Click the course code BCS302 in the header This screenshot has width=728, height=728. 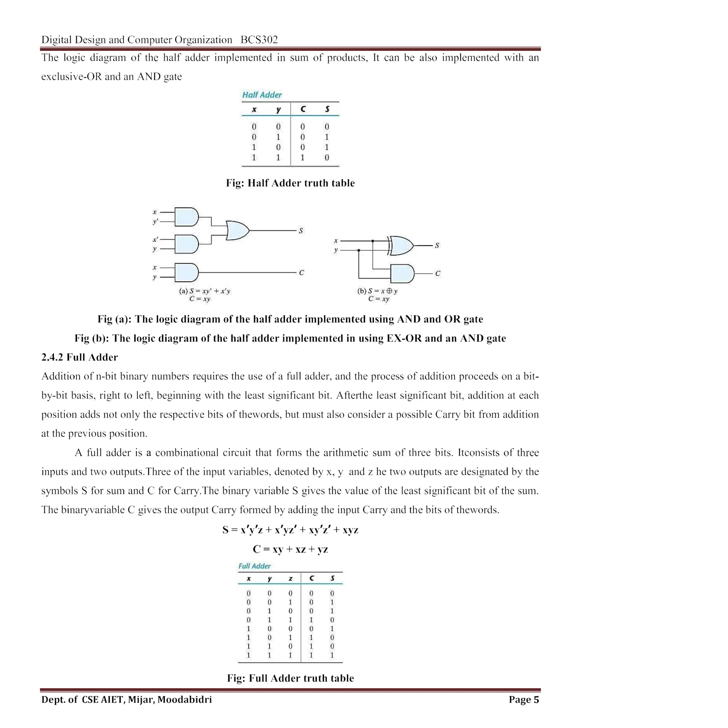pyautogui.click(x=259, y=39)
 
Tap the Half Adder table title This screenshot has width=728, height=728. pyautogui.click(x=262, y=95)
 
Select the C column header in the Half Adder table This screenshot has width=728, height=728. pyautogui.click(x=303, y=109)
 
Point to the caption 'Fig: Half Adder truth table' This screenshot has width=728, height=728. pyautogui.click(x=290, y=183)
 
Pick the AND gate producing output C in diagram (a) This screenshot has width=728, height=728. pyautogui.click(x=187, y=272)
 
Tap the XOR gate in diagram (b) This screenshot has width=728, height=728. pyautogui.click(x=401, y=246)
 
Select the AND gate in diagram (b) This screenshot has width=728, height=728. pyautogui.click(x=402, y=274)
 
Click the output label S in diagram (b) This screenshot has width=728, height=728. pyautogui.click(x=437, y=245)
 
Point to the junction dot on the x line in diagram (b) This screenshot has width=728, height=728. pyautogui.click(x=373, y=241)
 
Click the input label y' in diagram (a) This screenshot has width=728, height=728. pyautogui.click(x=155, y=221)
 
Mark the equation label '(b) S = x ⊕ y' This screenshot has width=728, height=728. pyautogui.click(x=377, y=291)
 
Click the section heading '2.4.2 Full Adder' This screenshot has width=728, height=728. pyautogui.click(x=80, y=357)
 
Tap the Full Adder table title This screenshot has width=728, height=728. pyautogui.click(x=255, y=566)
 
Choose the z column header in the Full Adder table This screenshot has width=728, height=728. pyautogui.click(x=290, y=578)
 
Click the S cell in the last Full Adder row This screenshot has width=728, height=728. pyautogui.click(x=332, y=655)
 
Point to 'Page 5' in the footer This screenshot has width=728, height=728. pyautogui.click(x=523, y=700)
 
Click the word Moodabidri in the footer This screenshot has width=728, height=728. pyautogui.click(x=184, y=700)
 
